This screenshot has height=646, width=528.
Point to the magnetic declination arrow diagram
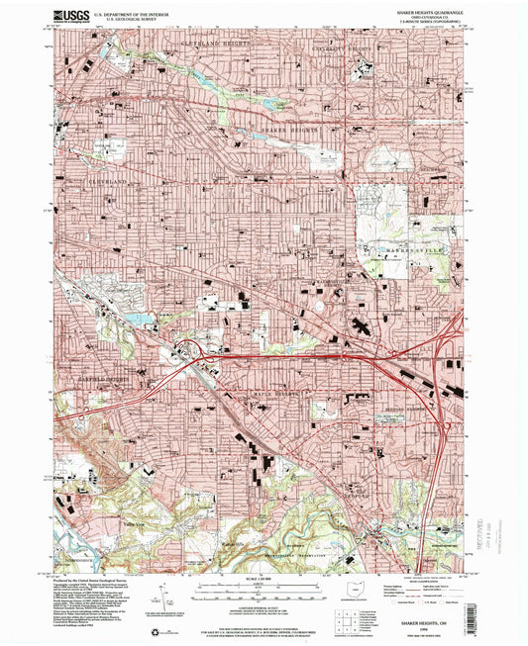pos(160,594)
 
